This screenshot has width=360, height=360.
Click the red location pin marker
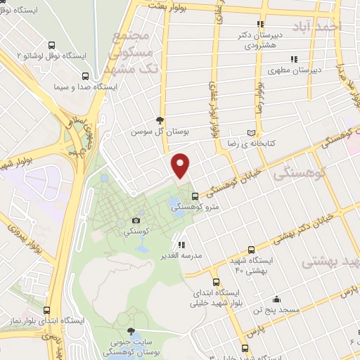181,165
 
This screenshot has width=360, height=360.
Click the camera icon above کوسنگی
136,219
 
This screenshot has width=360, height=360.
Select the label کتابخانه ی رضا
285,143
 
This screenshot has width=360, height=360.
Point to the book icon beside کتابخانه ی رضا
252,132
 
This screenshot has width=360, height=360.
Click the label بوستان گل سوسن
161,131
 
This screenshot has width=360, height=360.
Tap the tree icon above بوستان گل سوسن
161,120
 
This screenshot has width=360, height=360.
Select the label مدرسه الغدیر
181,256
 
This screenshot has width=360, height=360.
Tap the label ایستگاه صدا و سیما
84,89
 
